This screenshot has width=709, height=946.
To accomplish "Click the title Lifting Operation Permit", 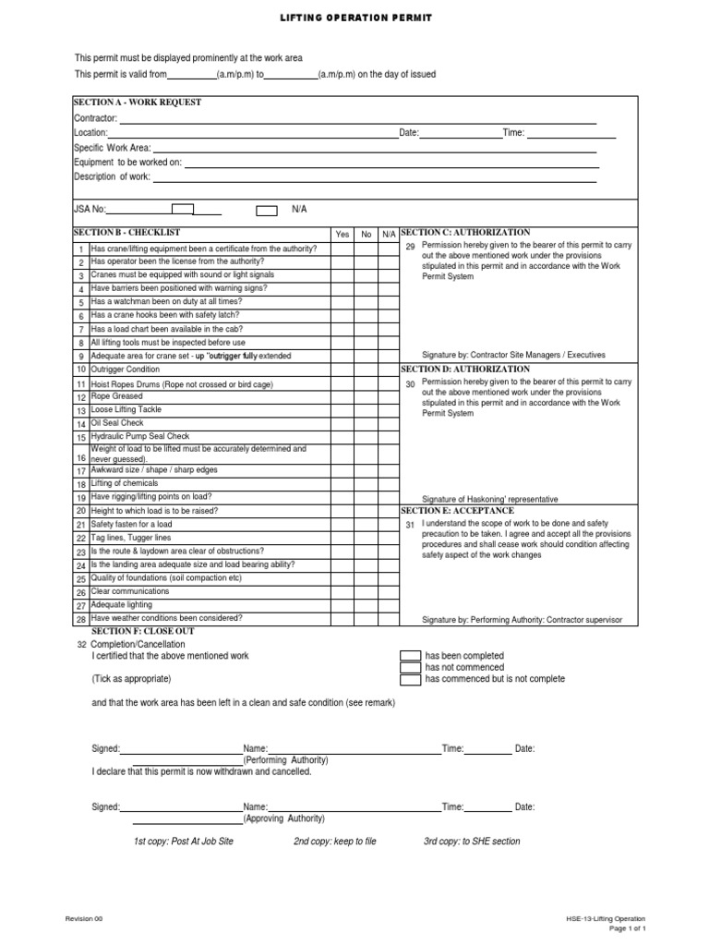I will pos(354,18).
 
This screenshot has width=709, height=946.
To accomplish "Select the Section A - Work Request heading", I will pos(138,103).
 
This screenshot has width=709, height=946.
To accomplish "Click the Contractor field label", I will pos(95,118).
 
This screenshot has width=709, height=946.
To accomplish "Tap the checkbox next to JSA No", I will pos(183,210).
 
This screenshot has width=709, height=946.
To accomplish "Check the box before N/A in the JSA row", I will pos(266,211).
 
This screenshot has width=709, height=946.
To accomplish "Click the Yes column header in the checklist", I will pos(342,235).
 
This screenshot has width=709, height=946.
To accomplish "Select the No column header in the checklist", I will pos(367,235).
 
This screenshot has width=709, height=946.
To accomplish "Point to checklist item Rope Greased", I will pos(116,396).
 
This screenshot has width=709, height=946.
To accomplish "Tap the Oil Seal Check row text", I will pos(117,423).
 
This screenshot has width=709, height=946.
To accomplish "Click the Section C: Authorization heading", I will pos(465,232).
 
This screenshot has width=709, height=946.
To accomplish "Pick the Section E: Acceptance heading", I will pos(457,510).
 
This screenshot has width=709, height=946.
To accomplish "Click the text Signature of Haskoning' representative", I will pos(489,498).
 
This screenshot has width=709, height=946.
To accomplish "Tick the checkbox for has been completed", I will pos(410,656).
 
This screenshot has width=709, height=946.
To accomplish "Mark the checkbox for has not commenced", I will pos(410,667).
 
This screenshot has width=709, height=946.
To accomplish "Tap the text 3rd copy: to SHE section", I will pos(471,842).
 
